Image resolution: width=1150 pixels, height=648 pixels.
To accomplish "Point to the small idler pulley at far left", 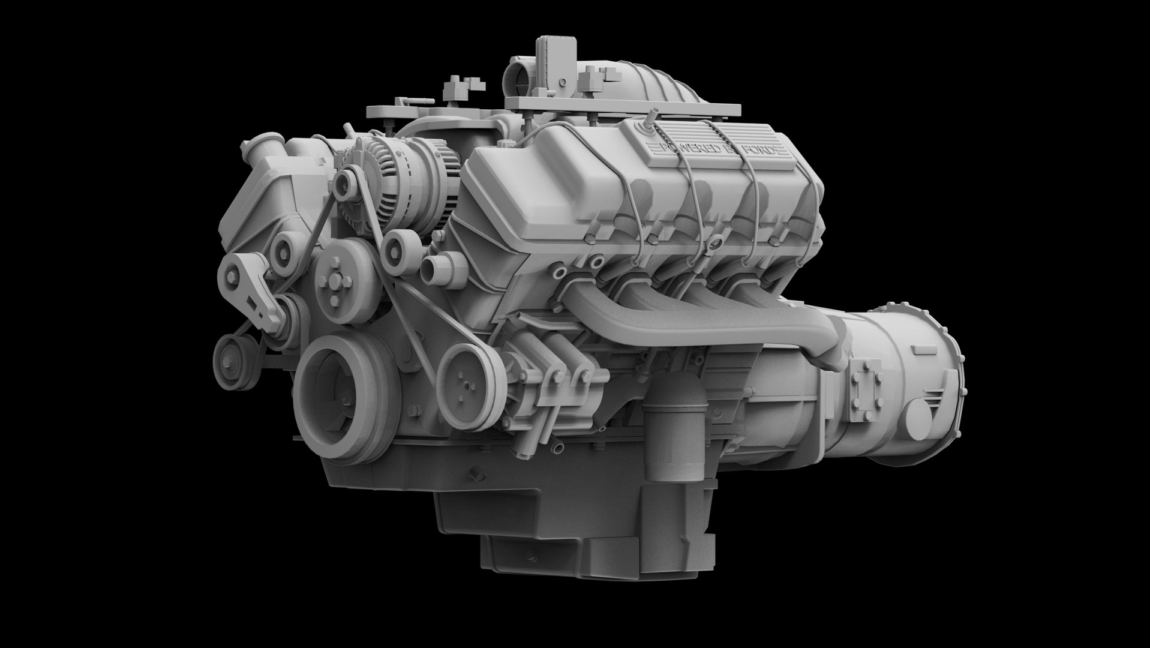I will click(x=229, y=355).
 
